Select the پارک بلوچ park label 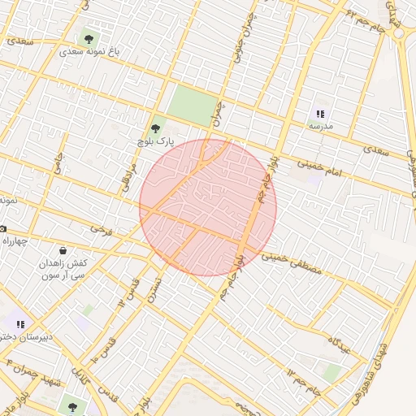pos(156,141)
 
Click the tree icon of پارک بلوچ pos(157,127)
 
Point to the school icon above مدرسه pos(321,114)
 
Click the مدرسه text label pos(321,128)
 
